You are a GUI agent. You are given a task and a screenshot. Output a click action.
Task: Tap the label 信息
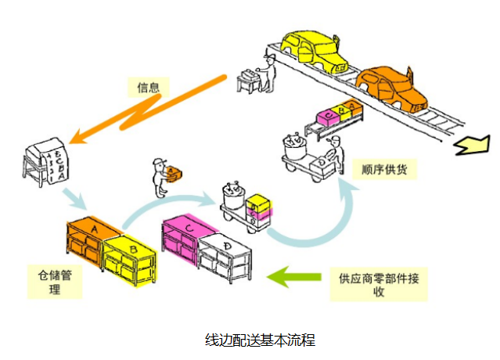[149, 87]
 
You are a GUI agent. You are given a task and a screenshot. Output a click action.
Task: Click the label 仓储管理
[55, 283]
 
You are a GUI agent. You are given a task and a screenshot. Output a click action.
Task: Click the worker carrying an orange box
[161, 178]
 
